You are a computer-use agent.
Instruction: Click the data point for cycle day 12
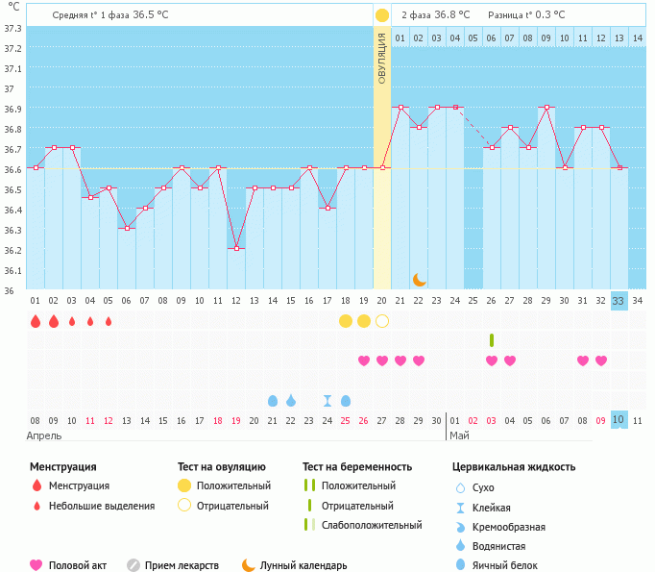[x=236, y=248]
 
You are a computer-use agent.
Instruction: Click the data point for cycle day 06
[x=127, y=228]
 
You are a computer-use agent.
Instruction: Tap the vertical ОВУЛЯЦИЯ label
[x=382, y=58]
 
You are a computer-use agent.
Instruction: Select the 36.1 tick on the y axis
[x=12, y=270]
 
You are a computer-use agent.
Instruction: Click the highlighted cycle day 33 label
[x=619, y=300]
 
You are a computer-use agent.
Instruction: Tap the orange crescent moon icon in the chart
[x=420, y=279]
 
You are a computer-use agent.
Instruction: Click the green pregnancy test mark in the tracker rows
[x=492, y=340]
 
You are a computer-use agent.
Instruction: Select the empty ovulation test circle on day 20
[x=382, y=320]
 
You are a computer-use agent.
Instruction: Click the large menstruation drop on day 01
[x=36, y=321]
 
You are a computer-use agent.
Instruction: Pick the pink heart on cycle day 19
[x=364, y=361]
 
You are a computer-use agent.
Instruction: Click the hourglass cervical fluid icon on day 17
[x=327, y=401]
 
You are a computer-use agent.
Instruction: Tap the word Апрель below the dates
[x=44, y=435]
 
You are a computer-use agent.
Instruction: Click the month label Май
[x=459, y=435]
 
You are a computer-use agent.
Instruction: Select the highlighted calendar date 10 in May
[x=619, y=420]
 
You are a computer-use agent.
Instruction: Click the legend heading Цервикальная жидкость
[x=514, y=467]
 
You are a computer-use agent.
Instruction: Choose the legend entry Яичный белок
[x=504, y=565]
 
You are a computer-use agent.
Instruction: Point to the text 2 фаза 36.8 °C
[x=435, y=14]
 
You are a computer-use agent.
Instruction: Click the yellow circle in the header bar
[x=382, y=15]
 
